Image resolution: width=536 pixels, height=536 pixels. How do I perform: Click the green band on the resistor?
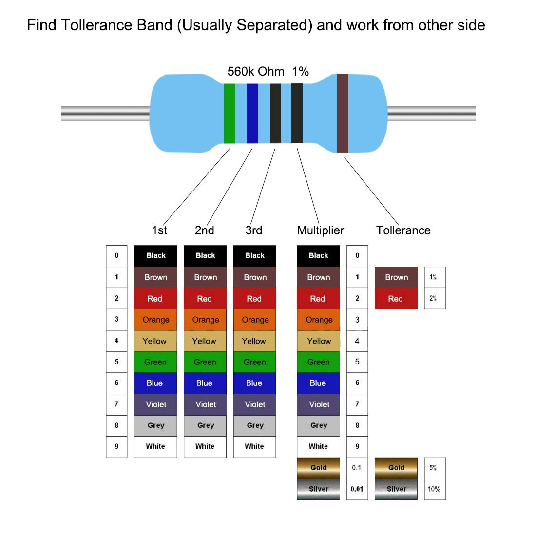pos(230,114)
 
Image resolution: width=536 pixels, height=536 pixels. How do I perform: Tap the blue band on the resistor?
pos(252,114)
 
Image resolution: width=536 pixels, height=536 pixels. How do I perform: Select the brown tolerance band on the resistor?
pos(343,113)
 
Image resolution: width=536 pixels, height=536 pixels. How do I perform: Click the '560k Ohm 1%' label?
pos(268,72)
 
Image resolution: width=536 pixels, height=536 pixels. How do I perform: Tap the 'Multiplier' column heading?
pos(320,230)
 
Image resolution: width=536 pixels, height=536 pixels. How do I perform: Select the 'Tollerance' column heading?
pos(403,230)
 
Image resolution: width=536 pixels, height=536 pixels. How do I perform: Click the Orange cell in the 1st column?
pos(155,320)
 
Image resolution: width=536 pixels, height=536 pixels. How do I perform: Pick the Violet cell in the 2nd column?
pos(205,404)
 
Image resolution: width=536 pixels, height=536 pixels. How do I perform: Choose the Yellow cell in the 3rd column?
pos(254,341)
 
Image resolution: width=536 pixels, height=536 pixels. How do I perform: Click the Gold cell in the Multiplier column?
pos(318,468)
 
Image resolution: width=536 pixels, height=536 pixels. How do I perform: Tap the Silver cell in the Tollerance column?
pos(396,489)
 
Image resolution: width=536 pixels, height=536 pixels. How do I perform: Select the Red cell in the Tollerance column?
pos(396,299)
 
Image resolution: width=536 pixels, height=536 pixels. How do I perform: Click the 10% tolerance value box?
pos(434,489)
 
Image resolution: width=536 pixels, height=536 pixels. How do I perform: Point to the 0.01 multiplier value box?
pos(357,489)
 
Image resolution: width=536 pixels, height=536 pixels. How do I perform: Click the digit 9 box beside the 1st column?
pos(116,446)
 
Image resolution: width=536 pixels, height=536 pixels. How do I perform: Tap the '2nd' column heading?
pos(204,230)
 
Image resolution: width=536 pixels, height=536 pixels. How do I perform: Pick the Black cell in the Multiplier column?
pos(318,256)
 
